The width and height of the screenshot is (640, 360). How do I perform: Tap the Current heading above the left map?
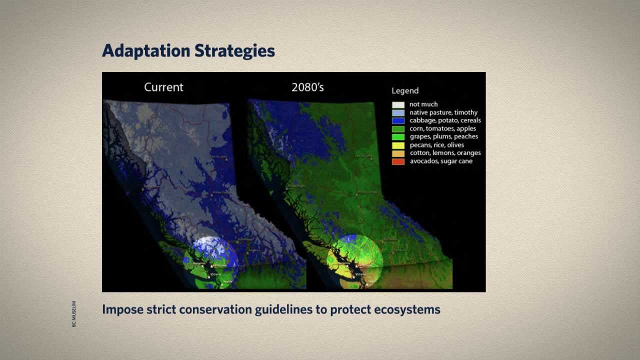point(163,87)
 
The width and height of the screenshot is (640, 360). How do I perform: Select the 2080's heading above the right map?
point(307,87)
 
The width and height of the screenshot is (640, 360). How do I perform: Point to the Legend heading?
point(405,90)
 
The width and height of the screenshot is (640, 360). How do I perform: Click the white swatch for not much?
point(398,104)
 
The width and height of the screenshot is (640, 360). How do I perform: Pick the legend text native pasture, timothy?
point(443,112)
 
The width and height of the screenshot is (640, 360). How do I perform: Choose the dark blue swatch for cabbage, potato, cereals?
point(398,120)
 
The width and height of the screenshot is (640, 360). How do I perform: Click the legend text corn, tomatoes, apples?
point(443,128)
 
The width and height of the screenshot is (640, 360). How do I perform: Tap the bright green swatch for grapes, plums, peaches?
point(398,136)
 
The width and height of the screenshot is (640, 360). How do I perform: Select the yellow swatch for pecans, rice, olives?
point(398,145)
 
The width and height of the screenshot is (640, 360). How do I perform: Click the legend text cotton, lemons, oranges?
point(445,153)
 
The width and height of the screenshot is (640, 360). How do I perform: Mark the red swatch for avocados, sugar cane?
point(398,161)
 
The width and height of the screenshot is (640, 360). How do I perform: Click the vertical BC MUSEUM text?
point(74,314)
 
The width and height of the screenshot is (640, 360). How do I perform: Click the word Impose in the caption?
point(122,309)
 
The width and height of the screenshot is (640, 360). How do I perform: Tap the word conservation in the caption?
point(215,309)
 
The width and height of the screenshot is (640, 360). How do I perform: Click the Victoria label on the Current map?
point(215,274)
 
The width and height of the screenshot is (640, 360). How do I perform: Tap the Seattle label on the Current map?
point(227,282)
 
